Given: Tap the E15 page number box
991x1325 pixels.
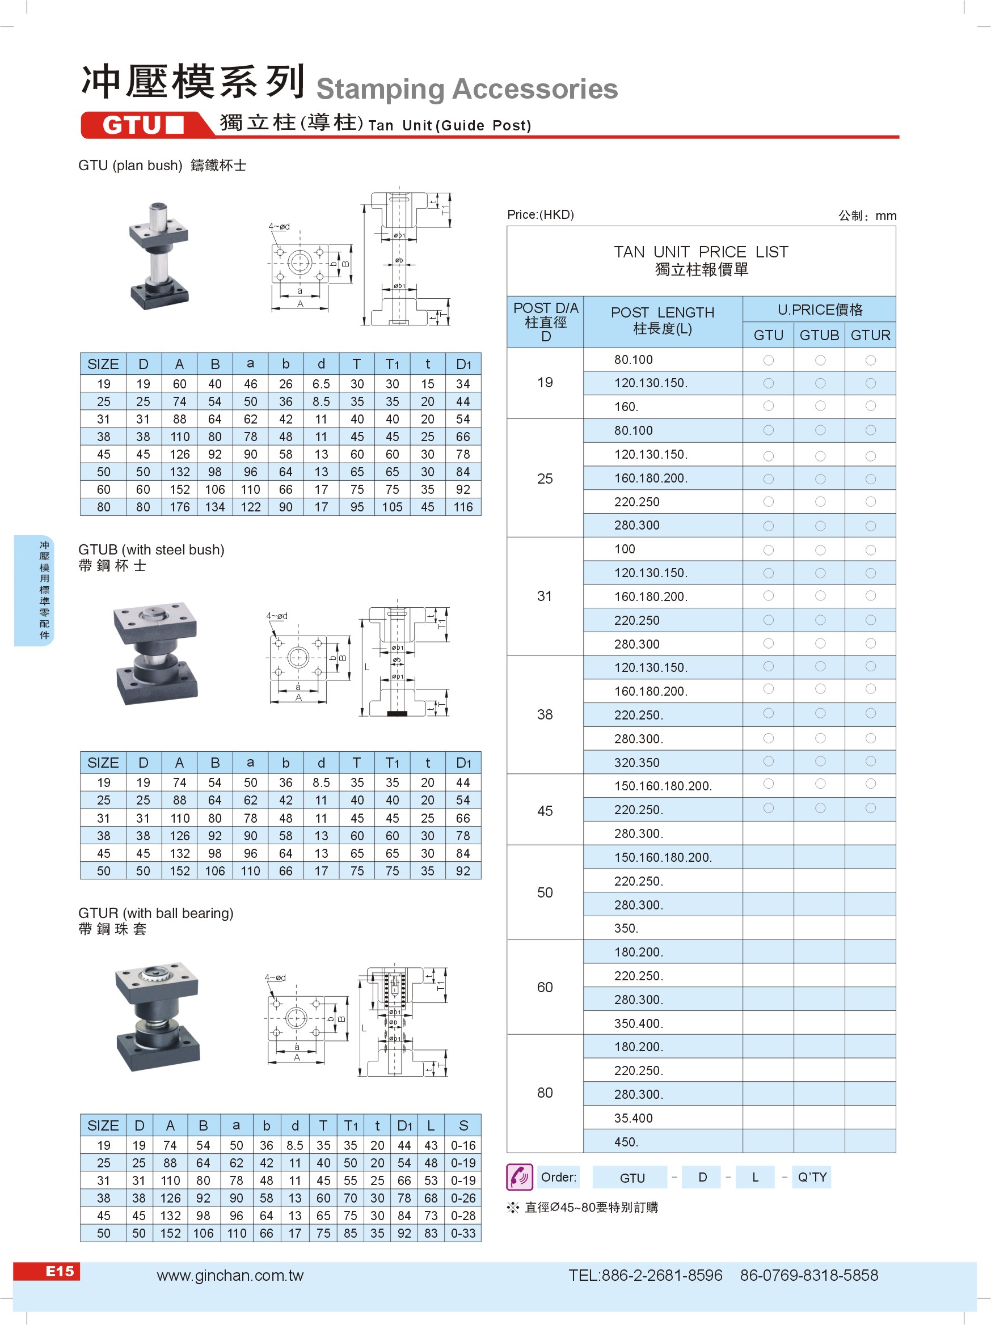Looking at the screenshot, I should (60, 1271).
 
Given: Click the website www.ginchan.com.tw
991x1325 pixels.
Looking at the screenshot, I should (230, 1276).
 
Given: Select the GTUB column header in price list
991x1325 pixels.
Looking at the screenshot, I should (819, 336).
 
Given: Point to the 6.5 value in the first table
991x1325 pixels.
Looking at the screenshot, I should (321, 384).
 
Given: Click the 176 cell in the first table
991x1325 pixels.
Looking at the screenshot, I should (180, 507).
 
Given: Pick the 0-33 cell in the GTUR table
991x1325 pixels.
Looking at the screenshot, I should (463, 1233).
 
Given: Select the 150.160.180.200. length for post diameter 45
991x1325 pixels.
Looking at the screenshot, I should (663, 786).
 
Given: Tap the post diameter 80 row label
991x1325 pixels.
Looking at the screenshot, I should (545, 1093).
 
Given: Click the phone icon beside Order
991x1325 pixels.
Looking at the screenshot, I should (519, 1177).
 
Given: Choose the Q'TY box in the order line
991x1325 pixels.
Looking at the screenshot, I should (812, 1177).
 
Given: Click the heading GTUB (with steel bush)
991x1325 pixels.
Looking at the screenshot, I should (151, 549).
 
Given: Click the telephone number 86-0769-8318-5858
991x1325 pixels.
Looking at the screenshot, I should (809, 1276).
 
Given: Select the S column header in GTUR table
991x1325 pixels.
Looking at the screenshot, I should (463, 1125).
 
